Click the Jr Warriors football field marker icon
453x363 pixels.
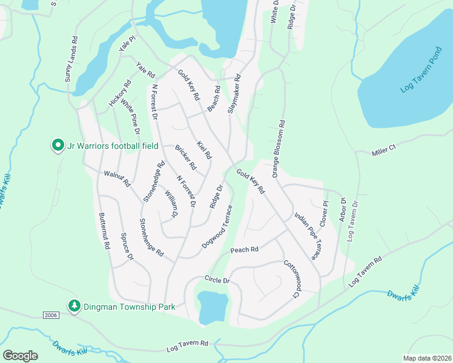(x=58, y=145)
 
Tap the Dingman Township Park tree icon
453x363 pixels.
(x=74, y=306)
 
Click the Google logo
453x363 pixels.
(x=20, y=356)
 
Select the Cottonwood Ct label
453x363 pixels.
(x=291, y=279)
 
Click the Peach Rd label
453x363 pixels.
(x=244, y=249)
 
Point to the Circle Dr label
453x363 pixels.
(x=217, y=281)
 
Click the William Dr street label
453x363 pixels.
(x=171, y=204)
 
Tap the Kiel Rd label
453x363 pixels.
(x=204, y=150)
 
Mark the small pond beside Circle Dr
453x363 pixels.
(x=213, y=307)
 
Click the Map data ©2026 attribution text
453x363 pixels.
(x=426, y=358)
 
